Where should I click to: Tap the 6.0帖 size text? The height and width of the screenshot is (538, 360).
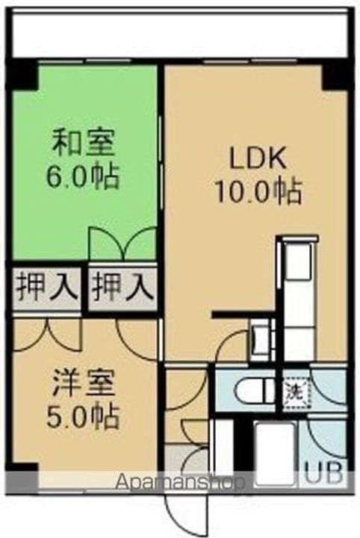[x=84, y=177]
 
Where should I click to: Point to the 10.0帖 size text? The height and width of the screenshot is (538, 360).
[x=258, y=193]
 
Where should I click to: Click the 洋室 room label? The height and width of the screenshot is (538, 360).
[x=84, y=386]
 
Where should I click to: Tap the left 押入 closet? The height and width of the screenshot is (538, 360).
[x=46, y=285]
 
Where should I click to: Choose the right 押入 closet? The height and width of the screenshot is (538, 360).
[x=122, y=285]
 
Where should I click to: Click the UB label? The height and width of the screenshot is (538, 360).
[x=326, y=473]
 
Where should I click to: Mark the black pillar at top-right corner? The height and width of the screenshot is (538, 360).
[x=335, y=75]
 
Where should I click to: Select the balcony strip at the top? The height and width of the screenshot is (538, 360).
[x=179, y=34]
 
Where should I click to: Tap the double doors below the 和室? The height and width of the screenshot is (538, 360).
[x=122, y=244]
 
